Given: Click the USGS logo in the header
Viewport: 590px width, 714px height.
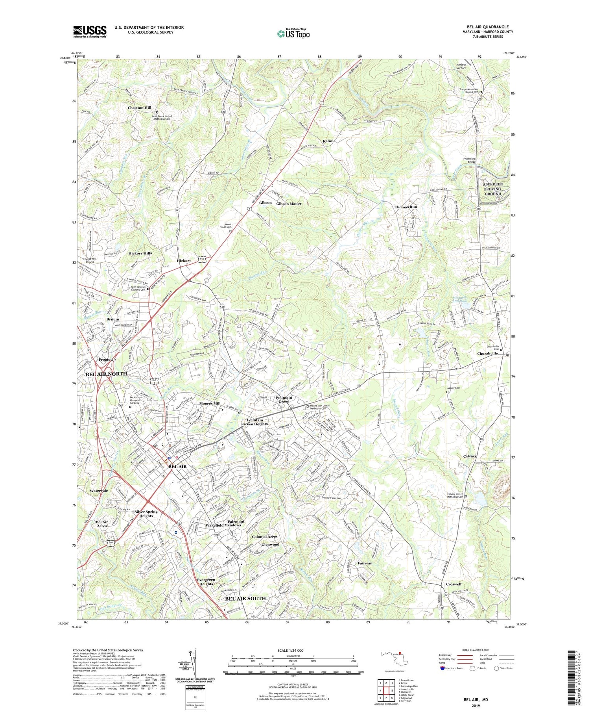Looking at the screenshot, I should click(90, 32).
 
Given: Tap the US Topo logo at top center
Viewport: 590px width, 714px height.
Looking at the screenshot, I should click(293, 34).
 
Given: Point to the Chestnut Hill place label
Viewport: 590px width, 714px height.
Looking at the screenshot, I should click(139, 108).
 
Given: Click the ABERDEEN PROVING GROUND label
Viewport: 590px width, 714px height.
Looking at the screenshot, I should click(492, 189).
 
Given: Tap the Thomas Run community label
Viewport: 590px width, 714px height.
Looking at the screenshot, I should click(406, 207).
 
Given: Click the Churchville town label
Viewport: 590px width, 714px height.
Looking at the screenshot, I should click(488, 354).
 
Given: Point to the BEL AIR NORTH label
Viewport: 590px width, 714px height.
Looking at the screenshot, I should click(106, 374).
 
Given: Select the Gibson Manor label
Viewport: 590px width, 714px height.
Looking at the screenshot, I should click(289, 204).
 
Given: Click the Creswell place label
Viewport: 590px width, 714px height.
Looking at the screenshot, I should click(454, 584).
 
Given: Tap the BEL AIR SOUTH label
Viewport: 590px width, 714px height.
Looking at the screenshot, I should click(245, 598).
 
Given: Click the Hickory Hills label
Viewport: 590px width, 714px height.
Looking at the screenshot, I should click(140, 253).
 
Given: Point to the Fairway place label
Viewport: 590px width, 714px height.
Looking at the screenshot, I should click(365, 563).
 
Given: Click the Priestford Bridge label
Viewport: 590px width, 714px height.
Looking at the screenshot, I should click(469, 160).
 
